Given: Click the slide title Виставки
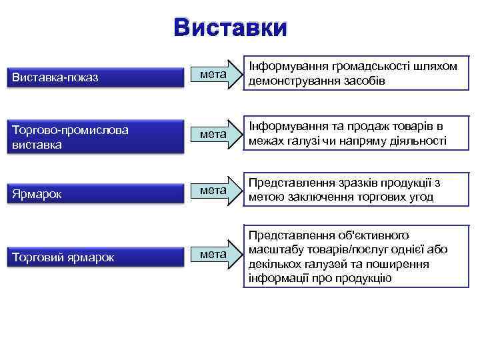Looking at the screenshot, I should click(x=230, y=28).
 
